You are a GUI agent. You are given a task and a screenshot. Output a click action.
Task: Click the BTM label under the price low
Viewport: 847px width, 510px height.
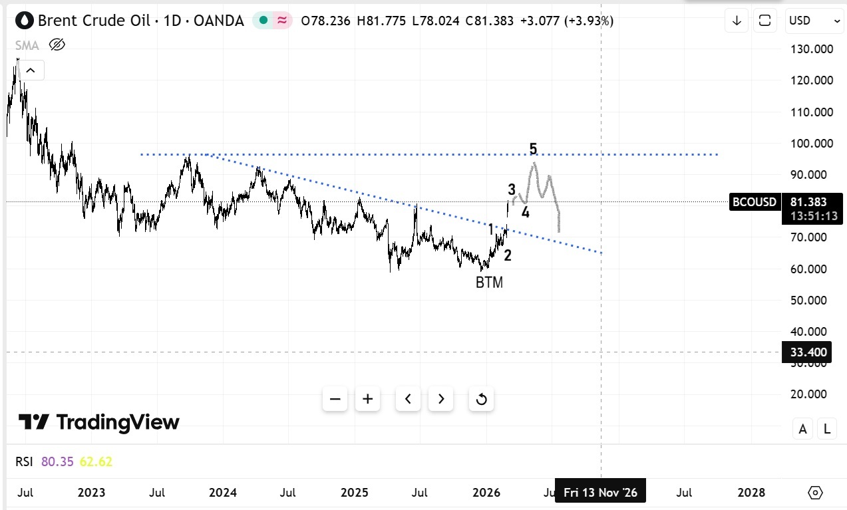489,283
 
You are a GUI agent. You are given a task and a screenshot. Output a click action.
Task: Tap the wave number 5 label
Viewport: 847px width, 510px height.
533,149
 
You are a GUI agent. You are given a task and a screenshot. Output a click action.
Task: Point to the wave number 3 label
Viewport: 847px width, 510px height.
512,189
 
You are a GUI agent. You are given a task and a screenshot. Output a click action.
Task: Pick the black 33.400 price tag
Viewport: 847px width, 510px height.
809,352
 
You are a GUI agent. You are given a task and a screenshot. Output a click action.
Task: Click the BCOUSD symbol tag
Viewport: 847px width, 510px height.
755,202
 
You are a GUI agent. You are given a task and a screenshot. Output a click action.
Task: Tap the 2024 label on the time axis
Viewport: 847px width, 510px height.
222,493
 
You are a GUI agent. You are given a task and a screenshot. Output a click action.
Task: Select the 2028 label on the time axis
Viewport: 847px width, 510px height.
751,493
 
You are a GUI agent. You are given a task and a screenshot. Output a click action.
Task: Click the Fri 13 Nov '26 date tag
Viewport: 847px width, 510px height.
600,493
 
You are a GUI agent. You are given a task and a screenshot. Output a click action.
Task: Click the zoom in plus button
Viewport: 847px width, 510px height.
367,399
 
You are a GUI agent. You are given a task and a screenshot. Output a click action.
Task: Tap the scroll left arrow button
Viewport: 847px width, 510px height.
408,399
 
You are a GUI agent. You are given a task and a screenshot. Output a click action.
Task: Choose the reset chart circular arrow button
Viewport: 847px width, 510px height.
482,399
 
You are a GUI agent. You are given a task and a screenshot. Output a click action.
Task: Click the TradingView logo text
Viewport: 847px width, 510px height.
98,422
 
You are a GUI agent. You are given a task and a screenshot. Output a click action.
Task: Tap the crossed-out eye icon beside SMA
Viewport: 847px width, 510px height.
57,45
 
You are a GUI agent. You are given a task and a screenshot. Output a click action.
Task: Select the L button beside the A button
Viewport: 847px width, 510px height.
827,429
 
